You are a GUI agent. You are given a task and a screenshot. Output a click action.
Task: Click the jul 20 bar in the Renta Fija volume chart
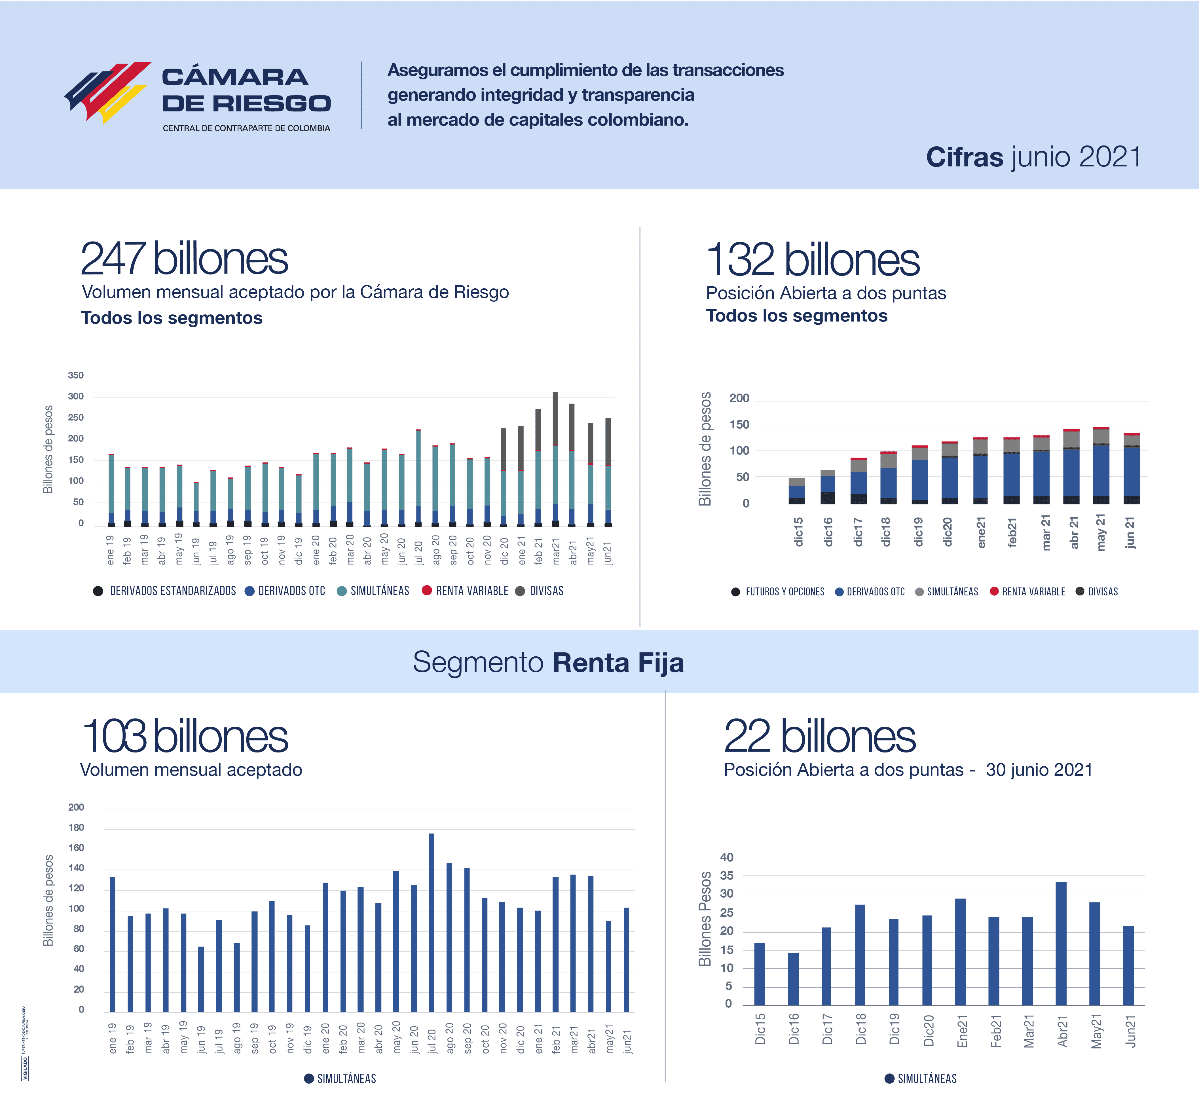(431, 923)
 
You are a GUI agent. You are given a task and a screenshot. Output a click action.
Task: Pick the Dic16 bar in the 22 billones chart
(794, 979)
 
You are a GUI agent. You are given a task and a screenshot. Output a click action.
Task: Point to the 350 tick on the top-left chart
(76, 375)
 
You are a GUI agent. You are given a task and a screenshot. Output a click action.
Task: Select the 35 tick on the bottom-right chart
(727, 876)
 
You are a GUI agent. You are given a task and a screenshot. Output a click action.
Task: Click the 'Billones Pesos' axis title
(705, 919)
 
